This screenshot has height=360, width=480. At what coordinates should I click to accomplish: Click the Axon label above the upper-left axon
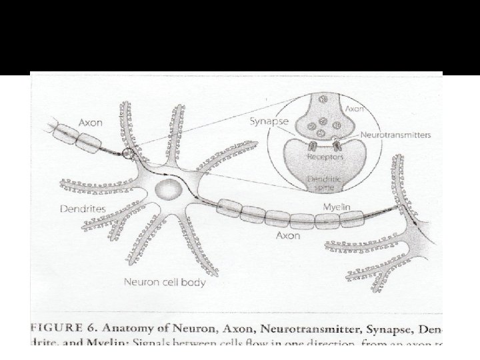pos(91,123)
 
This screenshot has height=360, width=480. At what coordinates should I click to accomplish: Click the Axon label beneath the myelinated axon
pos(288,236)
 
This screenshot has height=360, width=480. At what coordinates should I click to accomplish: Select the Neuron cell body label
pos(165,282)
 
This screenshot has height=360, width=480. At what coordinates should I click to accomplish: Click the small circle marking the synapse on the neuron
pos(128,155)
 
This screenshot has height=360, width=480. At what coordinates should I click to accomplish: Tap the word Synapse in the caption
pos(389,327)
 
